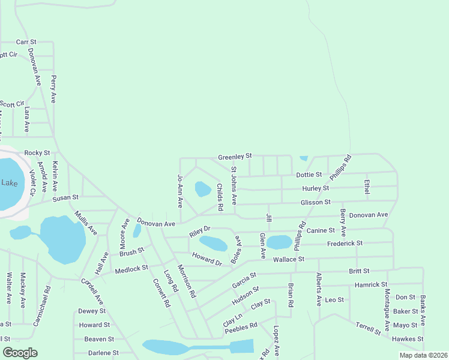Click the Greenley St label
pos(235,157)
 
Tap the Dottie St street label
pos(309,175)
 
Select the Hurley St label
pos(316,188)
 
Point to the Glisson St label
pos(315,202)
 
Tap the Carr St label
pos(26,42)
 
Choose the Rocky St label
pos(37,154)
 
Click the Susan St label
pos(65,197)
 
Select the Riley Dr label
pos(200,229)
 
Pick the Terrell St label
pos(367,328)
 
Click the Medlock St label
pos(131,269)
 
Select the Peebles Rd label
pos(241,327)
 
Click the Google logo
pos(20,353)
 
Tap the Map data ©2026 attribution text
pos(422,355)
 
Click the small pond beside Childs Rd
pos(203,190)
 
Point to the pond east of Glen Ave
pos(278,242)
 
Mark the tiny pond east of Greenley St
pos(304,158)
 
